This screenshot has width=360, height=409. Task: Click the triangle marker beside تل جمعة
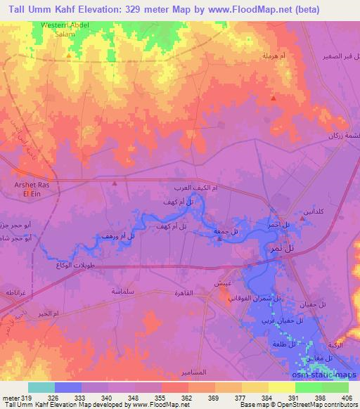(219, 239)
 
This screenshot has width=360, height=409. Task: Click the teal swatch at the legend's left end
(41, 387)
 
